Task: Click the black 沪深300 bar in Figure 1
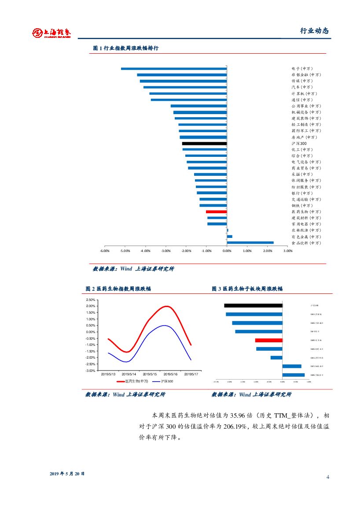click(x=204, y=144)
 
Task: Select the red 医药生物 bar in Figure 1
click(x=216, y=212)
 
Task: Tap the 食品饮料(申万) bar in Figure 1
click(x=250, y=242)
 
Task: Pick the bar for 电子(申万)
click(x=174, y=69)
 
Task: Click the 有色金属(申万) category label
click(x=306, y=237)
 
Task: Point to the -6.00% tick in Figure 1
click(x=104, y=251)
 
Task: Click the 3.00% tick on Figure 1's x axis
click(x=288, y=251)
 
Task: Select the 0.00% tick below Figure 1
click(x=227, y=251)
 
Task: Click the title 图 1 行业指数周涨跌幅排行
click(x=126, y=48)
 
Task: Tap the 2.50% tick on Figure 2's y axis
click(x=91, y=300)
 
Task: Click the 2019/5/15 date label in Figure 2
click(x=150, y=374)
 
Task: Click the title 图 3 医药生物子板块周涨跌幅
click(x=247, y=289)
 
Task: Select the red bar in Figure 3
click(x=268, y=340)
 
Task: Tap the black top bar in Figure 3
click(x=253, y=305)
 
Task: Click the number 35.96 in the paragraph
click(x=245, y=415)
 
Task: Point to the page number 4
click(x=328, y=477)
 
